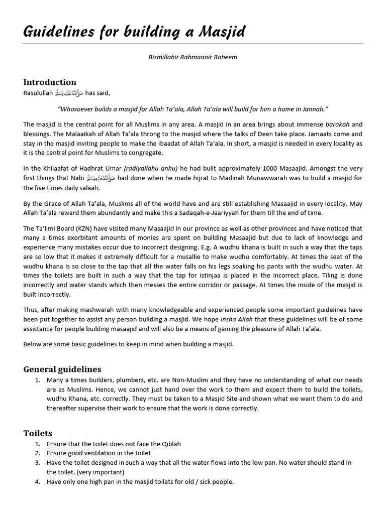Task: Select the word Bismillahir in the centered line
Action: coord(163,57)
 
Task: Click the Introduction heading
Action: coord(50,82)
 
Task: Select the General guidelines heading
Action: coord(62,369)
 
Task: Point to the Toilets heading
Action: coord(38,433)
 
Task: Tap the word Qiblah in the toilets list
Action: coord(169,444)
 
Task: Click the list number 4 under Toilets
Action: coord(38,482)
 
